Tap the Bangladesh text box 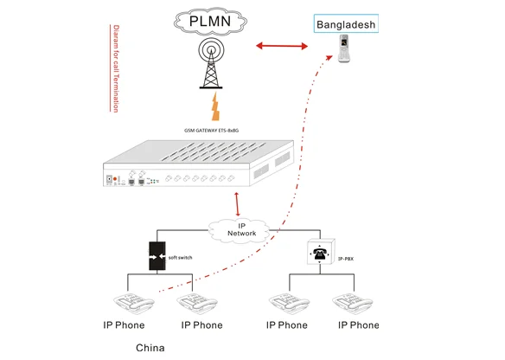point(345,25)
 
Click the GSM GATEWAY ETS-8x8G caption point(211,127)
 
